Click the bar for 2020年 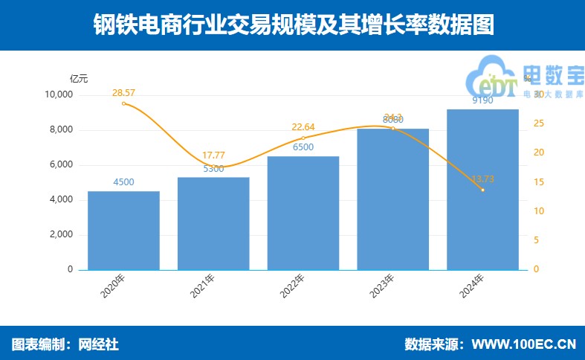123,231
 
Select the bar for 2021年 213,223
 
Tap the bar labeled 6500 303,213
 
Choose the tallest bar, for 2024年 482,190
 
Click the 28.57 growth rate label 124,93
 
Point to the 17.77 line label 213,155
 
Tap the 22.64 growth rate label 303,127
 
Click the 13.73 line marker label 483,179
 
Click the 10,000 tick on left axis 58,95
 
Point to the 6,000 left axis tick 61,165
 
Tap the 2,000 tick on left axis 61,235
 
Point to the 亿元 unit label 79,78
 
